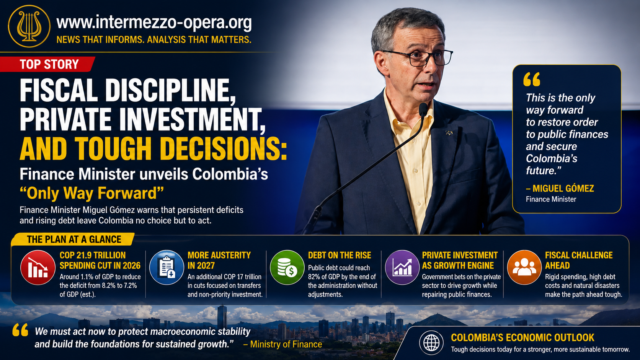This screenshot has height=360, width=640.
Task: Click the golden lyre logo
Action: [x=29, y=26]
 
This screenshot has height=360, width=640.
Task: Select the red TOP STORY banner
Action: [x=47, y=64]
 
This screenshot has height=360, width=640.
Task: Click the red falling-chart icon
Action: [x=38, y=267]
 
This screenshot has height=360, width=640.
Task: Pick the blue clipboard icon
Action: [x=167, y=267]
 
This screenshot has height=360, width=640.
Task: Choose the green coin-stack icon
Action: [x=287, y=267]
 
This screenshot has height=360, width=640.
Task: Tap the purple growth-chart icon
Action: [x=402, y=267]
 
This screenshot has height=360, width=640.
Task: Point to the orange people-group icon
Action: [x=524, y=267]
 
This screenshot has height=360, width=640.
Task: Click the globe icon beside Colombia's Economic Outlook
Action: [x=431, y=342]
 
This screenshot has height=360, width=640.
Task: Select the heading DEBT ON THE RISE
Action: [x=340, y=255]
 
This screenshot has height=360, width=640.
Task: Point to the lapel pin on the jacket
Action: [x=449, y=132]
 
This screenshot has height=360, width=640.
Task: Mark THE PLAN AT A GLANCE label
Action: [x=74, y=239]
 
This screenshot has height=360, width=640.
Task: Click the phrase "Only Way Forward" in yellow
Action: [x=92, y=193]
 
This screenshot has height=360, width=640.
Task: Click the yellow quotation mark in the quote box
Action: [x=532, y=79]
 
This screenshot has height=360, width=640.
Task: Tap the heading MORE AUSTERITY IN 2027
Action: [x=219, y=261]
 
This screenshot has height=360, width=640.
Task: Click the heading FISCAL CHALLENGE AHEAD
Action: [x=579, y=261]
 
